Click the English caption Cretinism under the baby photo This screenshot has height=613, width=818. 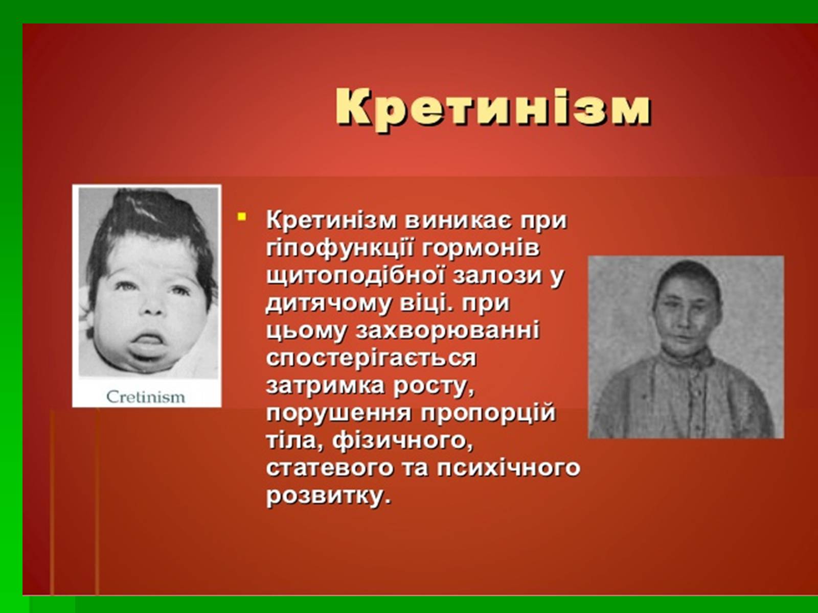click(x=146, y=397)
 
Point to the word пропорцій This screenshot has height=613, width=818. click(x=488, y=414)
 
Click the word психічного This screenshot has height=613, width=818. click(x=509, y=469)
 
